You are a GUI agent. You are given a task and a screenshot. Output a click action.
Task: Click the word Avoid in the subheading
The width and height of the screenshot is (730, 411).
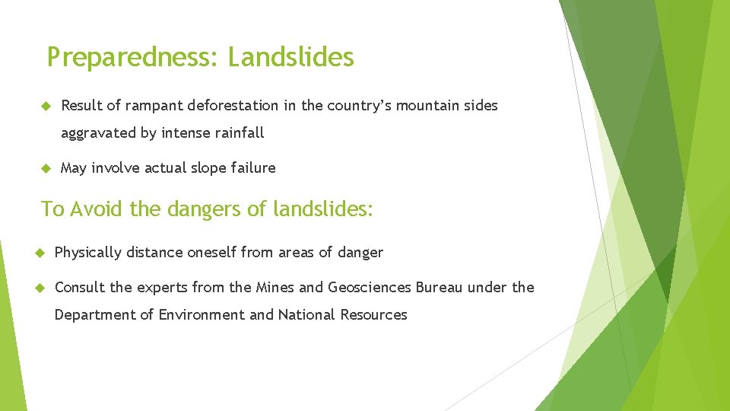(97, 209)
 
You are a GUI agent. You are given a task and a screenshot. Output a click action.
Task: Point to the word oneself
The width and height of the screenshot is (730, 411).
(212, 253)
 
